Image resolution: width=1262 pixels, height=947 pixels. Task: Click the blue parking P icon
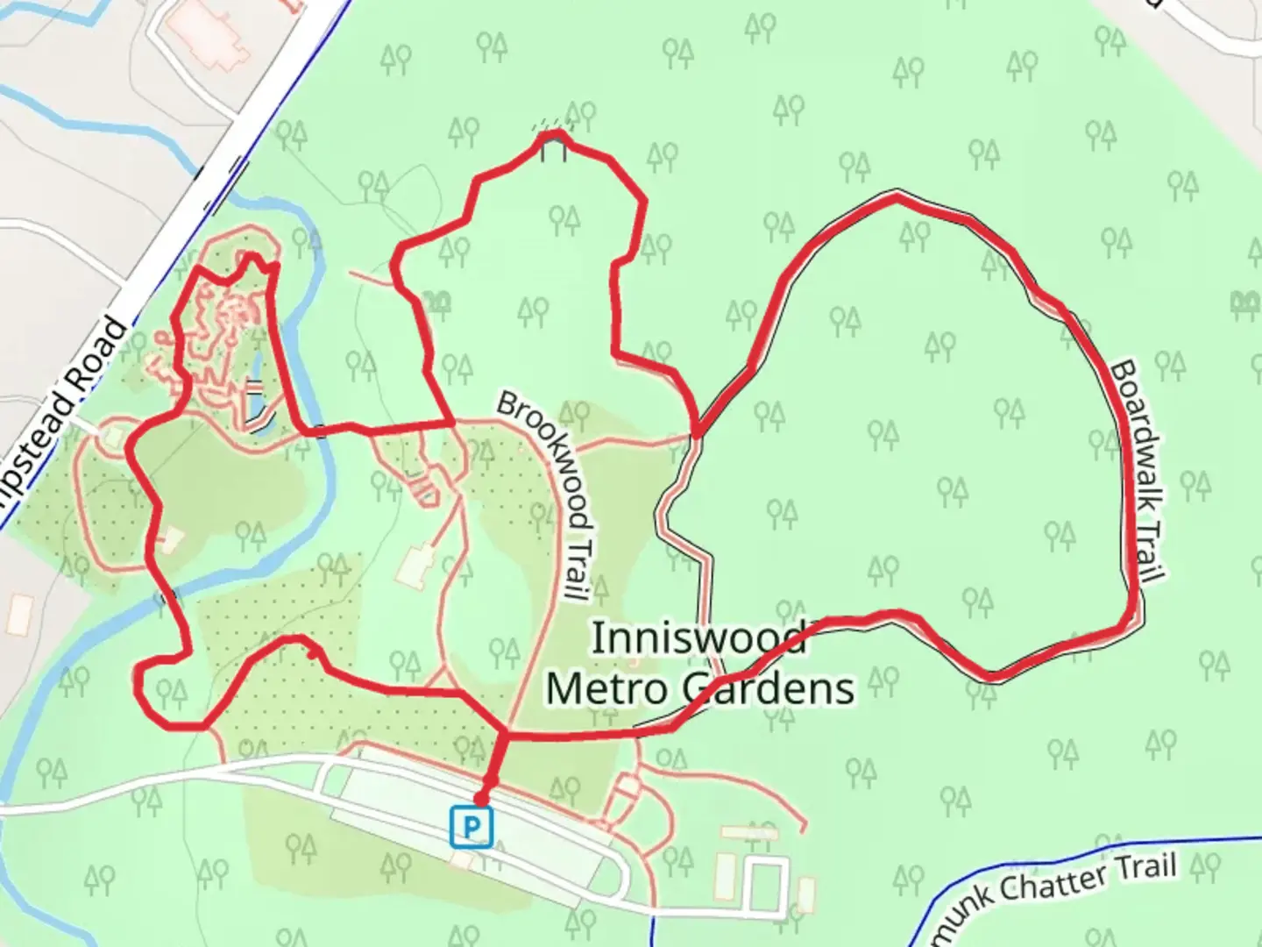[472, 827]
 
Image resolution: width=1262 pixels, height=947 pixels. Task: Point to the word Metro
[607, 688]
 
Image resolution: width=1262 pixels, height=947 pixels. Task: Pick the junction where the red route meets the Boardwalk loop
[697, 432]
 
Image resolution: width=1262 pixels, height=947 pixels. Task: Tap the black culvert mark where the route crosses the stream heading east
[322, 431]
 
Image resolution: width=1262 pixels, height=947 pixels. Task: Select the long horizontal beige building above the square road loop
[749, 832]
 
